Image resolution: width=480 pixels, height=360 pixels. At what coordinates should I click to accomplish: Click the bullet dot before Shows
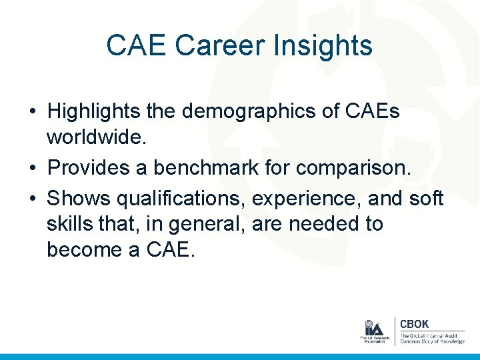click(33, 199)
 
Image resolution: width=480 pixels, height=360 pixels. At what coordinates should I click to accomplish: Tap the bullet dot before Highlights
click(33, 111)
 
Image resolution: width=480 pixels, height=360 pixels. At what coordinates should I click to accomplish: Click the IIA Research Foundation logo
click(373, 331)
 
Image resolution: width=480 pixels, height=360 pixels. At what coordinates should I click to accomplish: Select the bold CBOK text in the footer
click(415, 324)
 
